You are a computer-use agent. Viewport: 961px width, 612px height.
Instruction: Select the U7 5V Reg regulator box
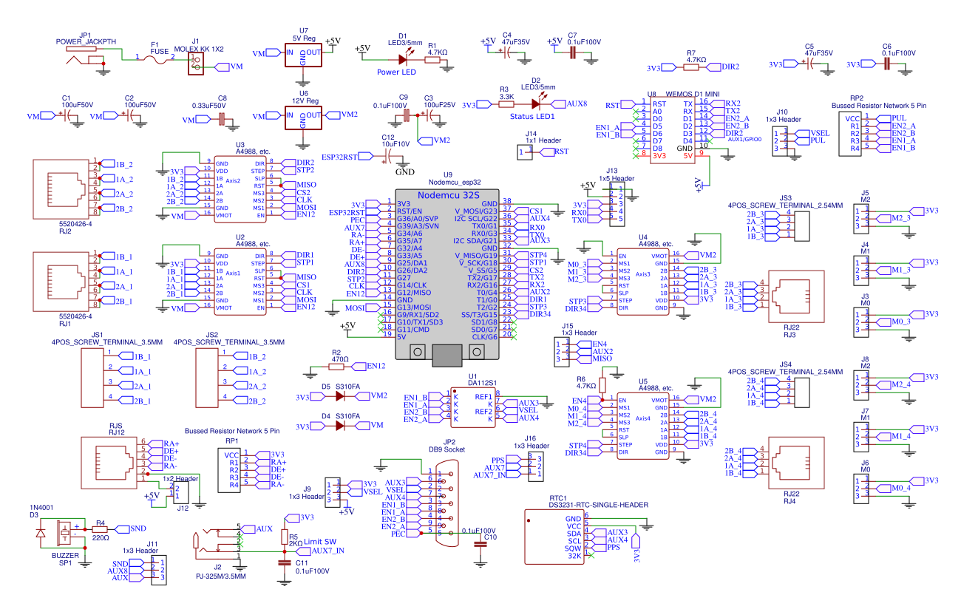click(x=304, y=55)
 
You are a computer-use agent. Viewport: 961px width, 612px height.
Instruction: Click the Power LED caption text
click(x=396, y=72)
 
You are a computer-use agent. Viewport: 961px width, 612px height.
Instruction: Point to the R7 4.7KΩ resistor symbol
click(x=690, y=67)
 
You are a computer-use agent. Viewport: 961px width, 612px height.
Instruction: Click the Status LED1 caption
click(x=532, y=117)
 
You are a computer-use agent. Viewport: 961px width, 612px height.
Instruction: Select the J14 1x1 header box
click(x=526, y=152)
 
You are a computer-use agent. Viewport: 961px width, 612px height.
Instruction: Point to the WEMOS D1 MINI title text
click(x=691, y=95)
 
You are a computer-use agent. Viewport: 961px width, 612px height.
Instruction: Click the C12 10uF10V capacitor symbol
click(x=390, y=156)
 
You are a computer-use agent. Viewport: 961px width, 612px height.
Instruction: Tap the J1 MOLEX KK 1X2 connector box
click(x=195, y=63)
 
